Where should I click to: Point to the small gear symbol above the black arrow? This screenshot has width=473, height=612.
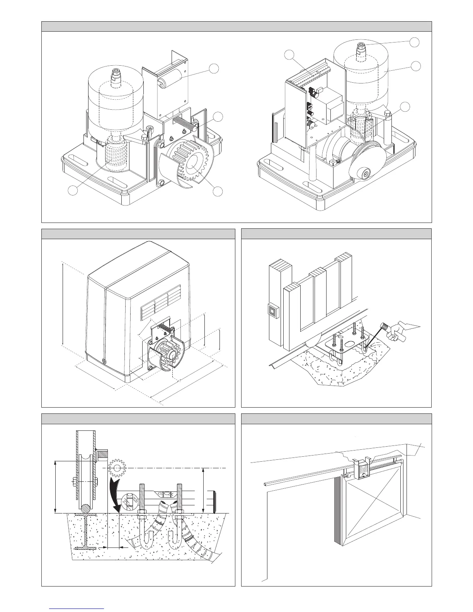pyautogui.click(x=118, y=468)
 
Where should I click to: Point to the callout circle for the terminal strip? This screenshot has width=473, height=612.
pyautogui.click(x=290, y=55)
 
